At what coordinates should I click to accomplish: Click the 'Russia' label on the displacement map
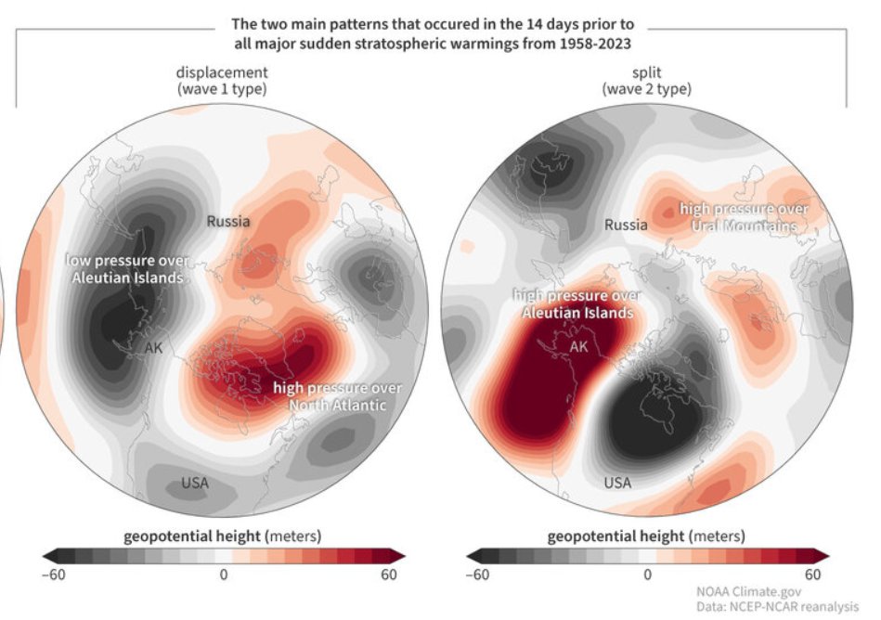(228, 222)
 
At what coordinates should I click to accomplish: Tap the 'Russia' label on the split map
(627, 225)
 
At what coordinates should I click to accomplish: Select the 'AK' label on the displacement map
(153, 348)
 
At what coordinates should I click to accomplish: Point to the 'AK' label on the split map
(578, 347)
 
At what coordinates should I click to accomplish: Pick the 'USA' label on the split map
(617, 483)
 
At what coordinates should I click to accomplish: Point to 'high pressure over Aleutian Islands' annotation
(576, 304)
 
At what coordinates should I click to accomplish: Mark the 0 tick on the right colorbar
(647, 575)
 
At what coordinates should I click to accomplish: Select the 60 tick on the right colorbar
(813, 575)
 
